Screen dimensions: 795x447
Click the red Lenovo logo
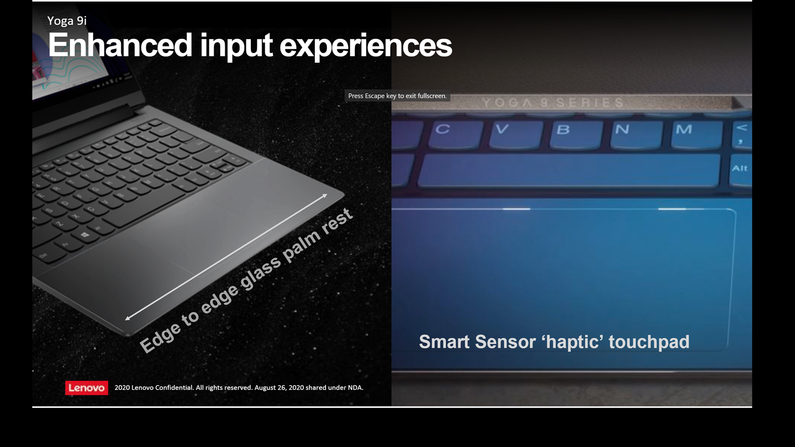86,388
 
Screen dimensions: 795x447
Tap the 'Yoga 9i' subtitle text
67,21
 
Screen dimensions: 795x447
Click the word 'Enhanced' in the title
120,45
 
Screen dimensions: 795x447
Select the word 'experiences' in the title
366,47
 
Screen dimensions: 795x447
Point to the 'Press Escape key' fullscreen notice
397,96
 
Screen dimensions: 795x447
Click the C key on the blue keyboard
455,135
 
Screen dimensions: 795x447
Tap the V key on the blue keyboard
516,135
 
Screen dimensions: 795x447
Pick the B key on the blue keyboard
576,135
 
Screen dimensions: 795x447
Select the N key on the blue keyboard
636,135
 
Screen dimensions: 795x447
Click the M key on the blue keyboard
696,135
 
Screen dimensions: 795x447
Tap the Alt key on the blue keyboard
741,170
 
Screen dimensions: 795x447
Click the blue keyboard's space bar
569,170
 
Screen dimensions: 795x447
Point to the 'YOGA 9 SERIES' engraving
553,103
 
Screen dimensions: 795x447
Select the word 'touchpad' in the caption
649,342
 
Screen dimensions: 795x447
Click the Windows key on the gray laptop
84,235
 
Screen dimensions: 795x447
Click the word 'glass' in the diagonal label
260,272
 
